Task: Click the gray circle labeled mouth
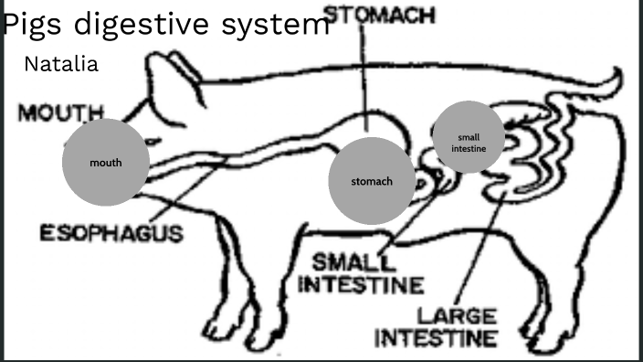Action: [106, 163]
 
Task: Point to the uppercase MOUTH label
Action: [61, 113]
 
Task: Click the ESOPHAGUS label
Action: [111, 233]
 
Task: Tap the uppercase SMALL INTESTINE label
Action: [363, 272]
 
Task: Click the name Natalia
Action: [61, 65]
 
